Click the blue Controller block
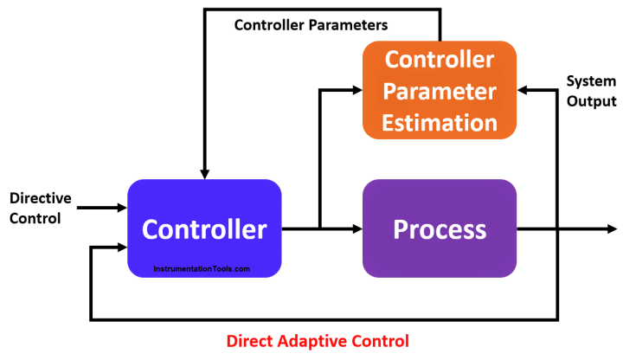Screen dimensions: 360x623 (204, 228)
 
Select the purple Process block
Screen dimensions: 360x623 (440, 228)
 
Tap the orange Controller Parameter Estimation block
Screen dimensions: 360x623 (440, 91)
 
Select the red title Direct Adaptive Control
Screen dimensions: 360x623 (318, 340)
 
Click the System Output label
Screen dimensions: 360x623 (593, 91)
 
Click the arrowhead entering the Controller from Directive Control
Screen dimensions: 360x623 (121, 208)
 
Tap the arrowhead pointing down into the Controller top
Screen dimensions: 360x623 (204, 172)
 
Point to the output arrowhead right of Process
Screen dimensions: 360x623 (613, 228)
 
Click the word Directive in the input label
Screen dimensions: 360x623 (40, 199)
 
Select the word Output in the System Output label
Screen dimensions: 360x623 (593, 100)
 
